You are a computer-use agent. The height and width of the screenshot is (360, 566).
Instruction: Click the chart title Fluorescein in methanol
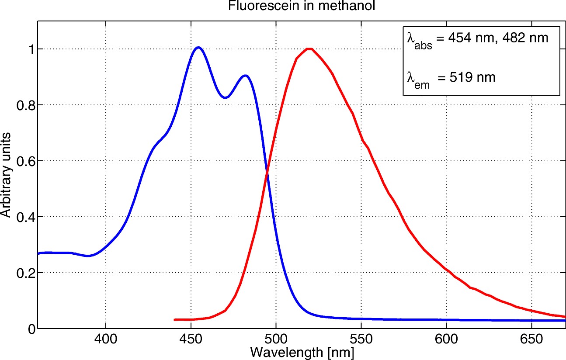pyautogui.click(x=302, y=6)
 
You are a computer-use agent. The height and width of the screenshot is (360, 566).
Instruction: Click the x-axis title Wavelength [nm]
pyautogui.click(x=302, y=352)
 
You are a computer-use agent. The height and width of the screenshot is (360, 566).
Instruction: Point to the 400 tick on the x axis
pyautogui.click(x=105, y=339)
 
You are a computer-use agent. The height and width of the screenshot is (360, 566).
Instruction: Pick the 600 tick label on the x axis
pyautogui.click(x=446, y=339)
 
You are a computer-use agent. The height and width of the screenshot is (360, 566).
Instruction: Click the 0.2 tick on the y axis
pyautogui.click(x=25, y=273)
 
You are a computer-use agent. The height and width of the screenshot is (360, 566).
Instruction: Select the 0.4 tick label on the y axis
pyautogui.click(x=25, y=217)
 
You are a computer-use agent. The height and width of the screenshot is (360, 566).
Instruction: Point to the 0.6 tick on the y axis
pyautogui.click(x=25, y=161)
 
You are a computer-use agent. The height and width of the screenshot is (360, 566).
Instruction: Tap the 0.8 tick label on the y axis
pyautogui.click(x=25, y=105)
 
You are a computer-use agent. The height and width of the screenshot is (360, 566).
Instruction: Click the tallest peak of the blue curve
pyautogui.click(x=198, y=47)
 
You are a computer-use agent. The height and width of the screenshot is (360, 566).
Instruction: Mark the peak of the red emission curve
pyautogui.click(x=309, y=49)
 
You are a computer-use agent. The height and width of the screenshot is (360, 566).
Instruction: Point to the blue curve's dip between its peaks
pyautogui.click(x=225, y=97)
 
